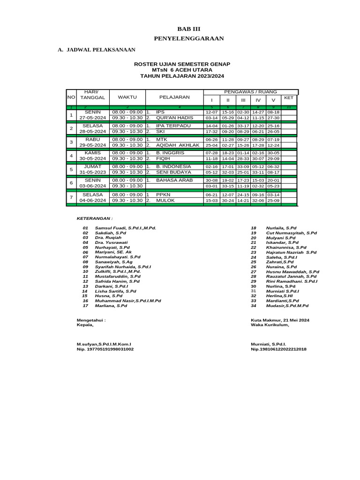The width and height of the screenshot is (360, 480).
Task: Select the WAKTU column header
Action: tap(127, 97)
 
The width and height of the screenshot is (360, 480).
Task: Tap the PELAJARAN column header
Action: tap(174, 97)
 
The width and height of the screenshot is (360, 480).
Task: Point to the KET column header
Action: tap(289, 97)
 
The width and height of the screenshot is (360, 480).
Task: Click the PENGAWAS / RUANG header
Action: tap(251, 92)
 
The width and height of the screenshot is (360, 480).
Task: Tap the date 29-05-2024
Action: tap(93, 145)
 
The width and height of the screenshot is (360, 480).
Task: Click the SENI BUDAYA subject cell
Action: tap(173, 172)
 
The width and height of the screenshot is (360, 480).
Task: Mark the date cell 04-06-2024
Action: tap(93, 200)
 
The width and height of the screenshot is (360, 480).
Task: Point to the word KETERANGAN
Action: tap(94, 218)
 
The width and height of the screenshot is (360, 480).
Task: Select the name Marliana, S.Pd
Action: tap(111, 306)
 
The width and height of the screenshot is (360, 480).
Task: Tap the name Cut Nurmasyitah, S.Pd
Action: tap(291, 232)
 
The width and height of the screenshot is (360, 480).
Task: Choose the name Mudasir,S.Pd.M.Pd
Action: tap(287, 306)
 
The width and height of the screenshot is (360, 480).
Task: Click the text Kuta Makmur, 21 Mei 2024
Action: tap(280, 320)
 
